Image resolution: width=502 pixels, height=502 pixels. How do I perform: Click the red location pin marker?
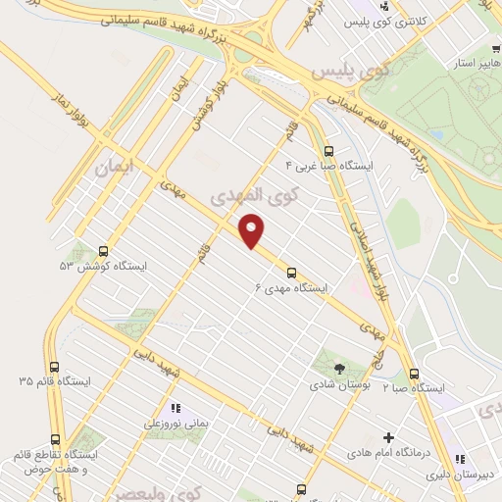pyautogui.click(x=252, y=229)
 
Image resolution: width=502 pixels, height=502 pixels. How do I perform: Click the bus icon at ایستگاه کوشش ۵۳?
pyautogui.click(x=105, y=250)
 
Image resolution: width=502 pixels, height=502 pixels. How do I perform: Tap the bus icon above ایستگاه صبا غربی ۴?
pyautogui.click(x=327, y=152)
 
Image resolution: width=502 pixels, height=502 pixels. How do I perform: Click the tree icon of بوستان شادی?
pyautogui.click(x=339, y=369)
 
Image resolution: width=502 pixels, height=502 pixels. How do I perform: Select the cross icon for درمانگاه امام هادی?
pyautogui.click(x=388, y=437)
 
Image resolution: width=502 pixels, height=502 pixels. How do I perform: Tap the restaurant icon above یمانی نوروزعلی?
pyautogui.click(x=176, y=408)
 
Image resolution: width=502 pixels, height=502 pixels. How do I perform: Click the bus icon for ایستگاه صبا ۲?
pyautogui.click(x=414, y=374)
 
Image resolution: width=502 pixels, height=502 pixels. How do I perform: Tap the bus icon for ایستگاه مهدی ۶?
pyautogui.click(x=290, y=274)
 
